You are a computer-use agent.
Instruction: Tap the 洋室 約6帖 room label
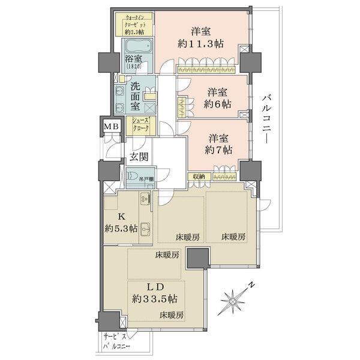217,97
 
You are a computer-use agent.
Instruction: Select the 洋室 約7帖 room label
217,144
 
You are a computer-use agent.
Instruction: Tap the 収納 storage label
199,176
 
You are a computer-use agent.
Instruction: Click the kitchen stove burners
145,200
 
